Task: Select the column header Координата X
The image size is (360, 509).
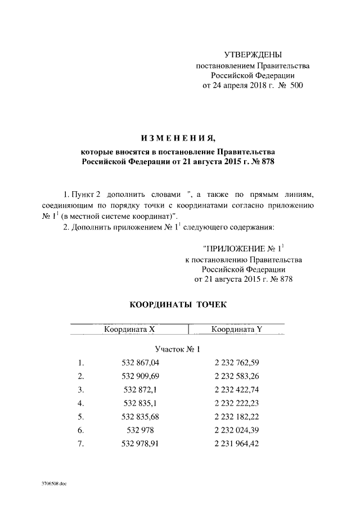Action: (129, 329)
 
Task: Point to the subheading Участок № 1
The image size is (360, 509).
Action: (177, 349)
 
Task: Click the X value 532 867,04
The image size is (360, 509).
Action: (141, 362)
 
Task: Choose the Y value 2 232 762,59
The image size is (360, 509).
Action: (236, 362)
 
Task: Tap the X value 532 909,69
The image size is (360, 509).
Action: (141, 376)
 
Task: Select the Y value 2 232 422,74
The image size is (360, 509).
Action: (236, 389)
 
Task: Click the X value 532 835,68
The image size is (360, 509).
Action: (141, 417)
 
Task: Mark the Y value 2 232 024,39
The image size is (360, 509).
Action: (236, 430)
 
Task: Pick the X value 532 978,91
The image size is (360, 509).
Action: (141, 444)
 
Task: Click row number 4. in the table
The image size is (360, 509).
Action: (81, 403)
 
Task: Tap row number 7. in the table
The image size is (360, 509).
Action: (81, 444)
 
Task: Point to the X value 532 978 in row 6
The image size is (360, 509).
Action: (141, 430)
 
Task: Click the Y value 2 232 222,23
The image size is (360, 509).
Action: (236, 403)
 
